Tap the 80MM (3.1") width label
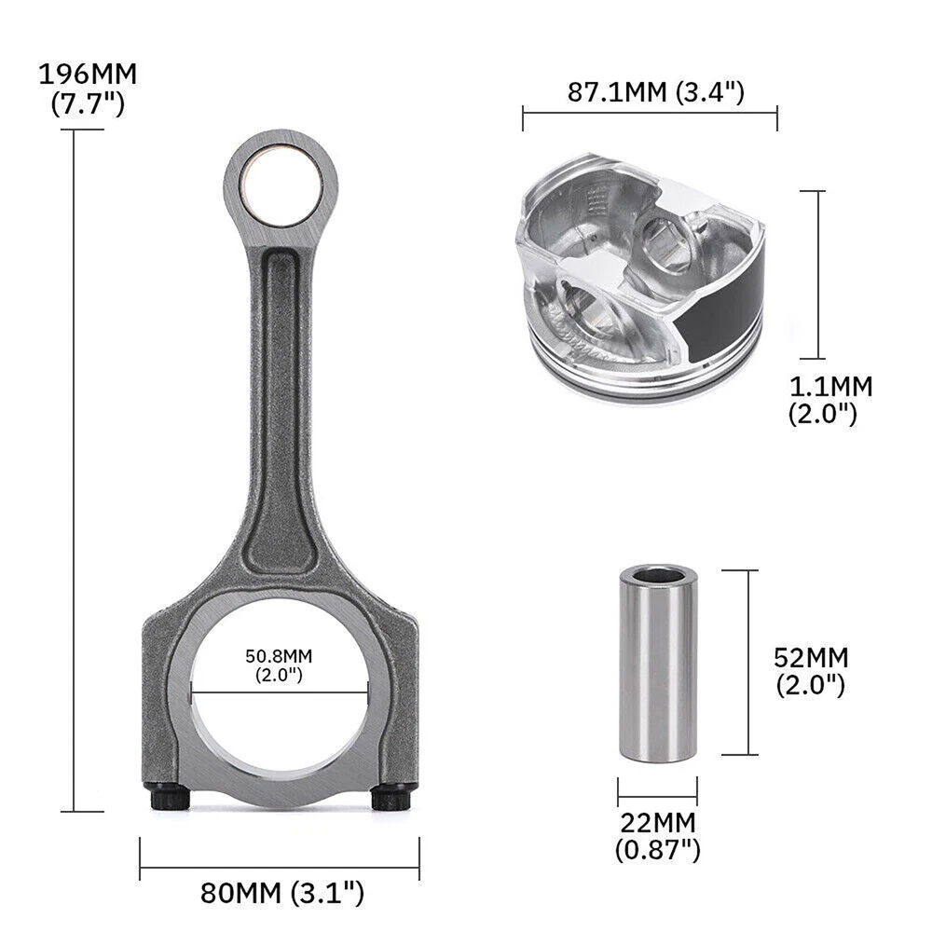click(x=281, y=893)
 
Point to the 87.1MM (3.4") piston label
click(x=655, y=92)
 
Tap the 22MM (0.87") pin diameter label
click(x=657, y=836)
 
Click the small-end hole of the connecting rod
click(x=281, y=185)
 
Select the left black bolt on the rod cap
click(x=170, y=797)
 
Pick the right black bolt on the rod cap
click(x=391, y=797)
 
